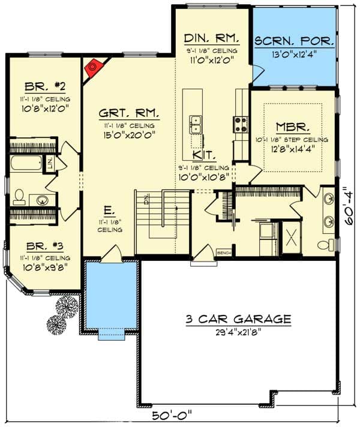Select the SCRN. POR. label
click(x=294, y=42)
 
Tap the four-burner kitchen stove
click(x=241, y=124)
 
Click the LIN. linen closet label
click(x=50, y=162)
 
